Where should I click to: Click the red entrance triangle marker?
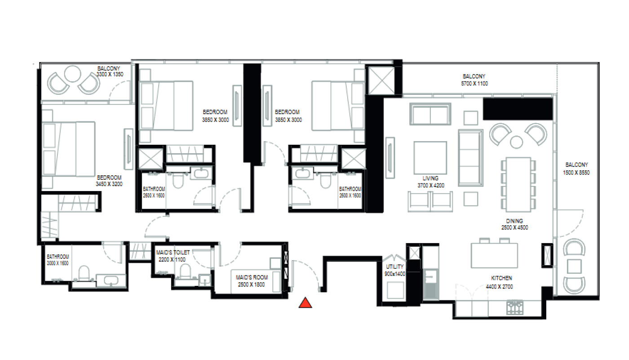click(305, 303)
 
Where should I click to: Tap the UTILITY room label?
click(394, 267)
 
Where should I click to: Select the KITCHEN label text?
click(501, 278)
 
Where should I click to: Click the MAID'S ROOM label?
click(252, 277)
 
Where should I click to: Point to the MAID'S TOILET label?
click(173, 253)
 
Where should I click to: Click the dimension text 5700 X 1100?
click(474, 84)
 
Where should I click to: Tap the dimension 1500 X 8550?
click(576, 173)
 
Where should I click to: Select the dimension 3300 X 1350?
click(110, 74)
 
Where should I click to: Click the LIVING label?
click(430, 178)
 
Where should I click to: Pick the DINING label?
click(514, 221)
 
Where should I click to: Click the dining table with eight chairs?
click(518, 184)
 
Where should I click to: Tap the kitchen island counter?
click(494, 255)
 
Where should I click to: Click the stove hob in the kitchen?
click(515, 308)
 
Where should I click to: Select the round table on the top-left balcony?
click(73, 74)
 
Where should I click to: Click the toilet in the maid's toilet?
click(185, 271)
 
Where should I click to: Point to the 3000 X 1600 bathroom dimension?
click(58, 263)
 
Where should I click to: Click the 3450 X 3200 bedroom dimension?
click(109, 184)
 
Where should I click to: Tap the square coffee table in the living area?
click(430, 158)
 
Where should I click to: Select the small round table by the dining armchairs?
click(516, 142)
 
